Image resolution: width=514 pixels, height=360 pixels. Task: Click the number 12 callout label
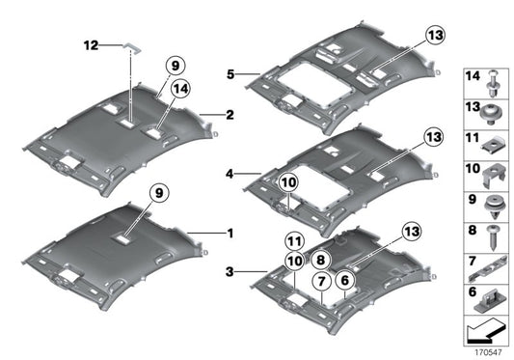pyautogui.click(x=91, y=45)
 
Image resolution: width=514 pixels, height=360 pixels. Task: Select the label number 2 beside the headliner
pyautogui.click(x=230, y=116)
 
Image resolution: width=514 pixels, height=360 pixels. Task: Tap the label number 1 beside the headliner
pyautogui.click(x=230, y=233)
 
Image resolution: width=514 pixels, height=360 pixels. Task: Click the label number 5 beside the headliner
pyautogui.click(x=230, y=72)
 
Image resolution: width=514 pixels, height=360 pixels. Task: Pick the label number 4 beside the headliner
pyautogui.click(x=230, y=175)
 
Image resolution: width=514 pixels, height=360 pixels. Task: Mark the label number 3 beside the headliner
pyautogui.click(x=230, y=273)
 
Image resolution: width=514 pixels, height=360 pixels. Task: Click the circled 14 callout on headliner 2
pyautogui.click(x=178, y=91)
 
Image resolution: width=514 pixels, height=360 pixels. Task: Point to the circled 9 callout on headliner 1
pyautogui.click(x=155, y=193)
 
